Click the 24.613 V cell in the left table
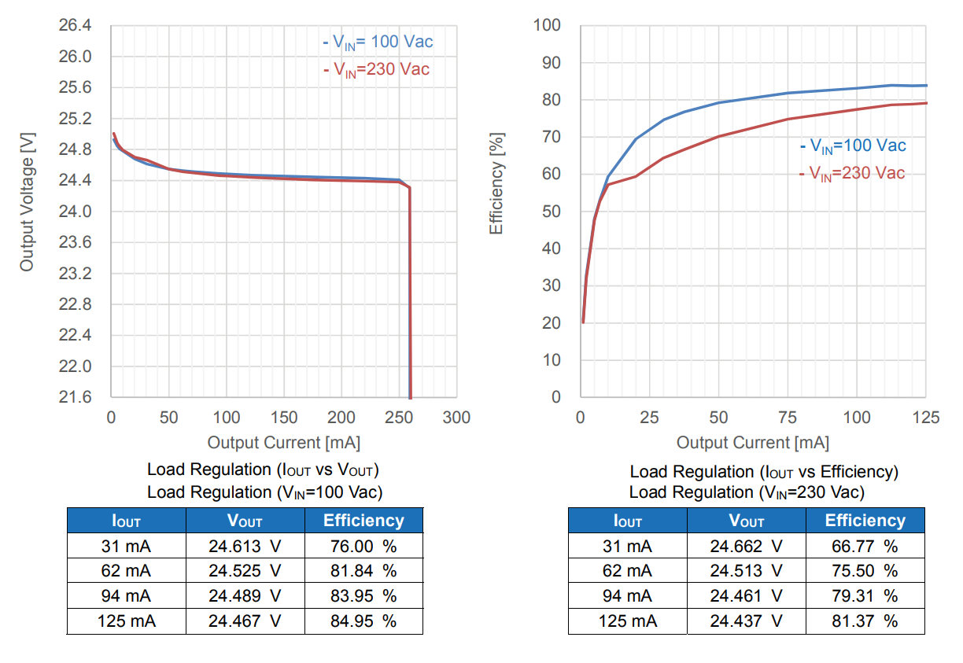245,546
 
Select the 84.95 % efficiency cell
363,621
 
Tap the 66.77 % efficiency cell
864,546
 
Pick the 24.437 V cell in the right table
746,621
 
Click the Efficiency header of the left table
363,520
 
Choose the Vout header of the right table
746,521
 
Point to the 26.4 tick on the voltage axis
76,26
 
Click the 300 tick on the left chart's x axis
457,418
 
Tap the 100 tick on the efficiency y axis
547,26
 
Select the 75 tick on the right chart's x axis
788,418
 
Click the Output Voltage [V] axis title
28,203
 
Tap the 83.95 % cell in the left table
363,596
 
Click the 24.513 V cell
746,571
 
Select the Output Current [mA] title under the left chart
284,443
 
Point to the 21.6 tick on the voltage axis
76,397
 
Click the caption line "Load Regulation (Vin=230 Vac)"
746,492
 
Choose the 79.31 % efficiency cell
864,596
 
